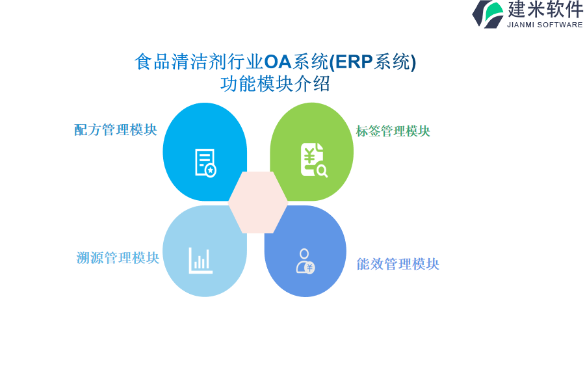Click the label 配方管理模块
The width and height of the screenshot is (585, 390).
point(116,130)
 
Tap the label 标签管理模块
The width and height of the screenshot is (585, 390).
point(393,131)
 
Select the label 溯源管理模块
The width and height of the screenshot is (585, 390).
point(118,258)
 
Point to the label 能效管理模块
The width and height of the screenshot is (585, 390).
point(398,265)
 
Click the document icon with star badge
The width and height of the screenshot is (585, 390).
point(205,162)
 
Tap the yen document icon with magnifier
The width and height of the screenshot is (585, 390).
point(314,160)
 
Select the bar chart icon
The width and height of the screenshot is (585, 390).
point(200,261)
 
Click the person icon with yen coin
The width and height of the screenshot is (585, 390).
point(305,261)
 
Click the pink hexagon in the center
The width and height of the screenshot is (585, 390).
point(258,202)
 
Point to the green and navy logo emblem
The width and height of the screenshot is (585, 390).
point(488,14)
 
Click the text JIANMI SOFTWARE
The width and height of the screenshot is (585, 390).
point(545,25)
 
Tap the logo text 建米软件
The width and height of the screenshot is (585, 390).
point(545,9)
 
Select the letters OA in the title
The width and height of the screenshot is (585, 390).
point(278,62)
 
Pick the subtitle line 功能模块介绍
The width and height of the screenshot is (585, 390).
point(275,84)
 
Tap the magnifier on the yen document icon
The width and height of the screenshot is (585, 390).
point(322,172)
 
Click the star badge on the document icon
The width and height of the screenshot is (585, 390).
point(211,170)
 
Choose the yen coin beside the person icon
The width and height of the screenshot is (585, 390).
point(309,268)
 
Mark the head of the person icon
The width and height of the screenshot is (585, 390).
point(304,253)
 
